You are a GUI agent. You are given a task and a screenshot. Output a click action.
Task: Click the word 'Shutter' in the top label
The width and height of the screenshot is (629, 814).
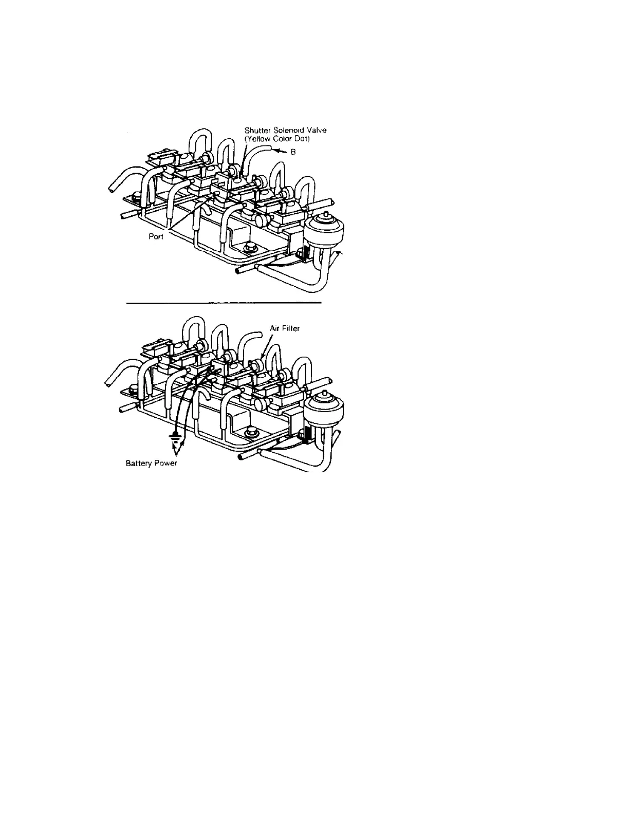pyautogui.click(x=256, y=131)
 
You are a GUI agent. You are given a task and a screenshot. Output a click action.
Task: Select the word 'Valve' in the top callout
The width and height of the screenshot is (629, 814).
pyautogui.click(x=316, y=131)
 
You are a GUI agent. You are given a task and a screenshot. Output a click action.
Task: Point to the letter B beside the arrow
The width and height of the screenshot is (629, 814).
pyautogui.click(x=292, y=153)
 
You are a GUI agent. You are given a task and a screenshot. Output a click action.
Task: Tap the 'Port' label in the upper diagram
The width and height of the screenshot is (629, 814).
pyautogui.click(x=156, y=237)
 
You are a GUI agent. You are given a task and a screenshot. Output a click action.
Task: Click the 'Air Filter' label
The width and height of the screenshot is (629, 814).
pyautogui.click(x=285, y=328)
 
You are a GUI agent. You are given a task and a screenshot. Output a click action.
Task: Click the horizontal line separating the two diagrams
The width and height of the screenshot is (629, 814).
pyautogui.click(x=224, y=303)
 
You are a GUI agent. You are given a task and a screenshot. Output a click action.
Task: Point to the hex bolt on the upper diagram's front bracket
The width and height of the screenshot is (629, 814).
pyautogui.click(x=251, y=247)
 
